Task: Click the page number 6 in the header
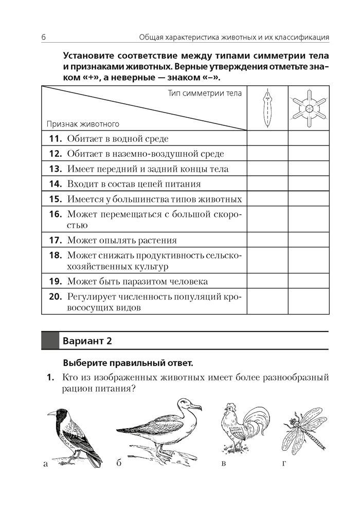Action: (44, 38)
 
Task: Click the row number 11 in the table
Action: (55, 139)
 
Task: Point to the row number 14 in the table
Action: (55, 184)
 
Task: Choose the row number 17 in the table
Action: (55, 241)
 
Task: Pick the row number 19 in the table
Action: (55, 282)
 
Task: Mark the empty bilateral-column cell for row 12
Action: (267, 154)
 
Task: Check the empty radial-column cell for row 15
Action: (309, 199)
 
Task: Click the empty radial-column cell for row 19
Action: (309, 282)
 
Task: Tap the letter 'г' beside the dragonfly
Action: (284, 465)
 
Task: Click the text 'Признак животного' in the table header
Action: (83, 124)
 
